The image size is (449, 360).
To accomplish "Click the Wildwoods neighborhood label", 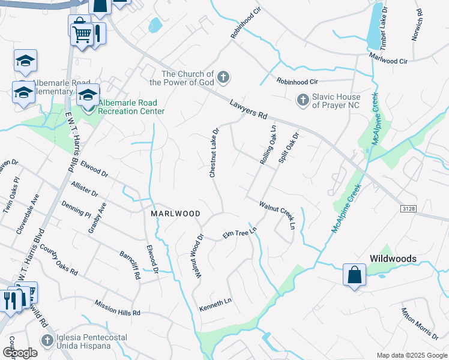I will (393, 259).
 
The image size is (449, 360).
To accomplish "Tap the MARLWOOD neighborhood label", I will (175, 214).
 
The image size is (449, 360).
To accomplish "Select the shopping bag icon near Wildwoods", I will (354, 275).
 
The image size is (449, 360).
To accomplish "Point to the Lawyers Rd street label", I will (247, 112).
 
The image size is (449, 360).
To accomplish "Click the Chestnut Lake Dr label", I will (214, 152).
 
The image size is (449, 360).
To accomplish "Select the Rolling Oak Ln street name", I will (267, 145).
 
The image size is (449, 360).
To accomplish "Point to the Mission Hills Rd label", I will (116, 308).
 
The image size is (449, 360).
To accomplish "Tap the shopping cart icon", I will (82, 29).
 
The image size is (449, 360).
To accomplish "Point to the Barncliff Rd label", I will (129, 265).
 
